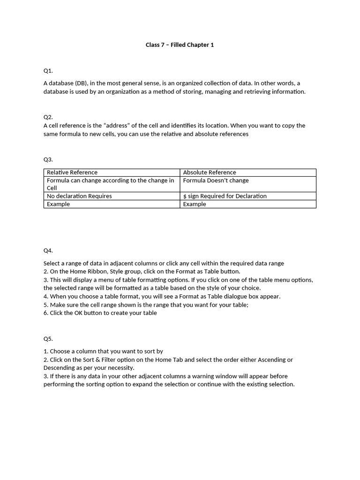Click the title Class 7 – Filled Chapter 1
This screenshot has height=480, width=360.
[x=180, y=45]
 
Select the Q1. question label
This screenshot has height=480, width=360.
[x=48, y=71]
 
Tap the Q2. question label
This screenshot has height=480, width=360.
[x=48, y=117]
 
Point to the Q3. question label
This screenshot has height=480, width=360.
[x=48, y=159]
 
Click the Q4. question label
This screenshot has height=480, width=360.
[x=48, y=250]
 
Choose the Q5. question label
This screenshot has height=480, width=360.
[x=48, y=338]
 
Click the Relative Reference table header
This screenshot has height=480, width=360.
[x=72, y=172]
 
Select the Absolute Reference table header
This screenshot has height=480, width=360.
[x=210, y=172]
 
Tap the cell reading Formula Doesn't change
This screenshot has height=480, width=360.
[x=216, y=180]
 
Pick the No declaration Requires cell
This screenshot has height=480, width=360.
[x=79, y=196]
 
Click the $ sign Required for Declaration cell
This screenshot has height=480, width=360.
[x=225, y=196]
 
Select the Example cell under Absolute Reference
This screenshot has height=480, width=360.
[x=195, y=204]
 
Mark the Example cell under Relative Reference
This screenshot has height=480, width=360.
[x=58, y=204]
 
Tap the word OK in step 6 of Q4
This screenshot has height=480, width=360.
[x=79, y=313]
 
